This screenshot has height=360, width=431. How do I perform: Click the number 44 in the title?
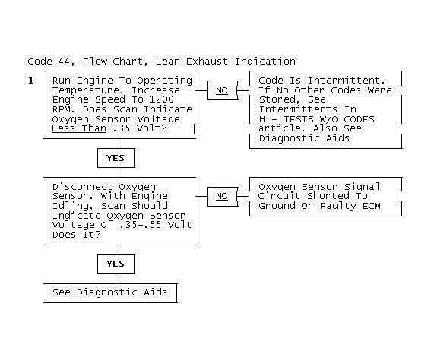[64, 62]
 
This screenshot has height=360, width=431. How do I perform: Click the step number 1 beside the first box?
[31, 81]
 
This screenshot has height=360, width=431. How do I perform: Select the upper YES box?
[116, 158]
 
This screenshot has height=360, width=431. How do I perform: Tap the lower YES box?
[116, 264]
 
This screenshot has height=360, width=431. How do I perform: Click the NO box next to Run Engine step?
[222, 90]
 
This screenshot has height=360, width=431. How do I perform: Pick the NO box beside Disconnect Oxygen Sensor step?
[222, 197]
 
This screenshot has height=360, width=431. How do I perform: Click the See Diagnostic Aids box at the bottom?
[110, 293]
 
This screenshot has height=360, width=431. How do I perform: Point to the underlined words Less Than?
[79, 128]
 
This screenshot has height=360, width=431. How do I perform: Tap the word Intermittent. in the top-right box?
[347, 81]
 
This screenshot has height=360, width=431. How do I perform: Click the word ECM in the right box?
[372, 206]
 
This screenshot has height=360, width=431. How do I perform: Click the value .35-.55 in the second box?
[140, 225]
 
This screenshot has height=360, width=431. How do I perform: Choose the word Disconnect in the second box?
[82, 187]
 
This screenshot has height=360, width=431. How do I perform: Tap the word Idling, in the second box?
[73, 206]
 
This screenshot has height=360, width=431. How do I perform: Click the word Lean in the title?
[167, 62]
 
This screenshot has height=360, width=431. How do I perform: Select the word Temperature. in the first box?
[89, 90]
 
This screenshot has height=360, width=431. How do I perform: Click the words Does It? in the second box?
[77, 235]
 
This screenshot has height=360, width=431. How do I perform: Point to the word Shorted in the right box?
[328, 196]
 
